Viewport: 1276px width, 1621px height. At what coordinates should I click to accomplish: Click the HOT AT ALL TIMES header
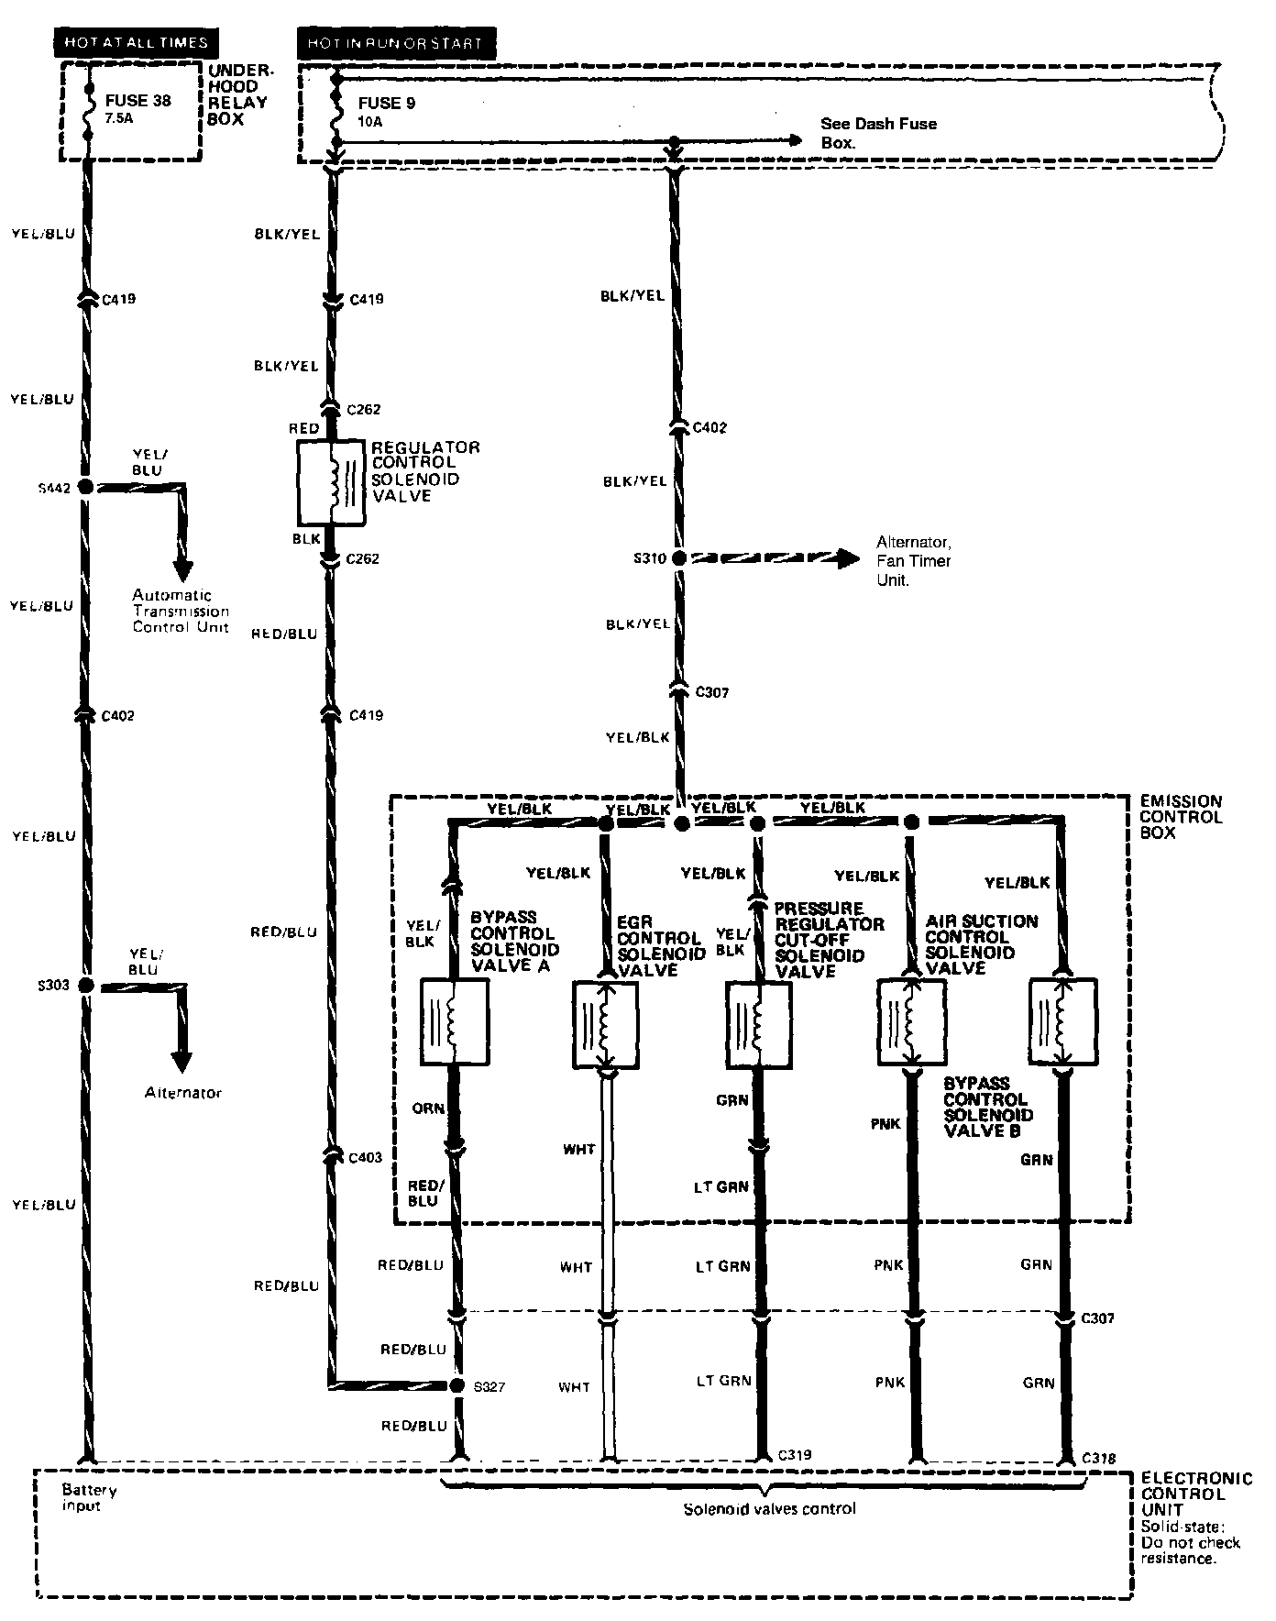pos(136,42)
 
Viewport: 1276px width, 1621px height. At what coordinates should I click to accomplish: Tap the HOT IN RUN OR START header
pos(395,42)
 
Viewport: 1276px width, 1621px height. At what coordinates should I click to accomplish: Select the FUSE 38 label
pos(137,101)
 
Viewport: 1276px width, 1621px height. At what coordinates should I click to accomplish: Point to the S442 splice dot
pos(85,487)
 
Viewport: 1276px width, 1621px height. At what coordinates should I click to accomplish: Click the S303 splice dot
pos(85,986)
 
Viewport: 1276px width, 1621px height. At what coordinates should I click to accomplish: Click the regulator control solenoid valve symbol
pos(332,483)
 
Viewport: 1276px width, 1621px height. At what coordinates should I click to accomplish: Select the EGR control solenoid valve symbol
pos(605,1025)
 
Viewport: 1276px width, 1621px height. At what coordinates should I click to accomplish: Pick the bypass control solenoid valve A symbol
pos(453,1022)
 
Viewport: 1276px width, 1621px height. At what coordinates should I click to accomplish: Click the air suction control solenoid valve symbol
pos(911,1022)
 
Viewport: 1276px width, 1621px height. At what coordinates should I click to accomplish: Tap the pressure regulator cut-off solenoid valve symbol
pos(758,1025)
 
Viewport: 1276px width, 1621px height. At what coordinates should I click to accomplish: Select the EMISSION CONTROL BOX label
pos(1181,817)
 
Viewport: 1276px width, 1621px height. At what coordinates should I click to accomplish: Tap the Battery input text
pos(89,1498)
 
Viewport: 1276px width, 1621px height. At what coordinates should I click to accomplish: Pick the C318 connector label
pos(1098,1457)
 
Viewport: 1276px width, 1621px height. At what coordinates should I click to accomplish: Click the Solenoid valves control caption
pos(769,1508)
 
